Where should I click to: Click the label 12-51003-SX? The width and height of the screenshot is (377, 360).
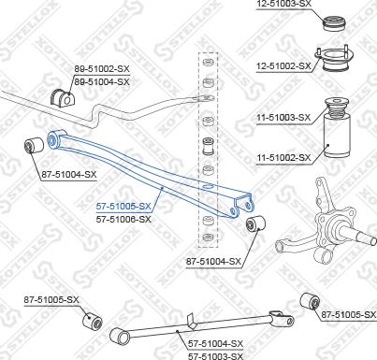tap(283, 6)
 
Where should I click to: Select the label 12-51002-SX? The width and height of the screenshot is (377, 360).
tap(283, 65)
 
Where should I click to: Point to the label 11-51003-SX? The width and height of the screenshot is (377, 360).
tap(283, 117)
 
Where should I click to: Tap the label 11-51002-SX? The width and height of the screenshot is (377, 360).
tap(283, 158)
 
